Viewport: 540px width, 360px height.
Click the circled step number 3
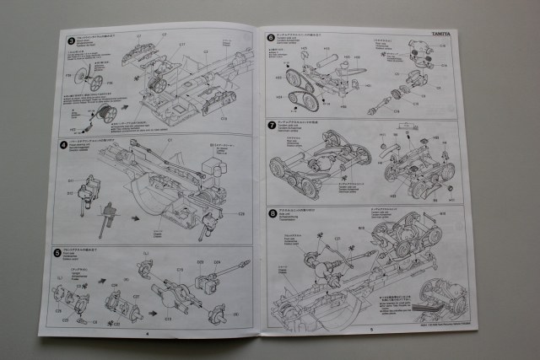(72, 40)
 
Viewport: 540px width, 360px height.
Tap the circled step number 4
(65, 144)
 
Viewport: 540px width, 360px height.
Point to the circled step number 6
(271, 38)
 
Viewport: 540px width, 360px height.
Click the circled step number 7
(271, 125)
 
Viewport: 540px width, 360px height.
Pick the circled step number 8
(272, 212)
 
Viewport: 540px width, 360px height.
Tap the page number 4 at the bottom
(148, 333)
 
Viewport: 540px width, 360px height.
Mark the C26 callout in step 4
(240, 214)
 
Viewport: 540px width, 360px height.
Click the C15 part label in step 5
(180, 269)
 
